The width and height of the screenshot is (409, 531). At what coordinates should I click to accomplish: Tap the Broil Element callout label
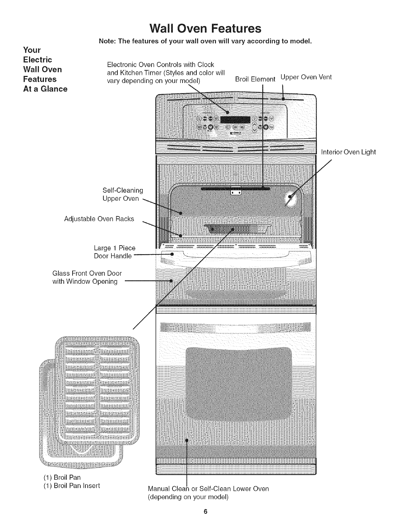[x=255, y=79]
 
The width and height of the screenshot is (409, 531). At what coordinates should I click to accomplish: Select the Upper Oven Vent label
[x=306, y=77]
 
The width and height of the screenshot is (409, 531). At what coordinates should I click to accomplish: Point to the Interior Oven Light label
[x=348, y=152]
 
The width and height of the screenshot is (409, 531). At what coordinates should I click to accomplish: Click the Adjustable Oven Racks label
[x=99, y=219]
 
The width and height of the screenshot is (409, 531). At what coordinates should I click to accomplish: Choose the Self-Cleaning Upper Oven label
[x=122, y=195]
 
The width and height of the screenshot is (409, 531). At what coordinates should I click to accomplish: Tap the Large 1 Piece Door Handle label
[x=114, y=252]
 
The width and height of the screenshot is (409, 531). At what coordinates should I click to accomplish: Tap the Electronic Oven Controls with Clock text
[x=160, y=64]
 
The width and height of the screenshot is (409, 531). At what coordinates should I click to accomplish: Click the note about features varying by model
[x=204, y=41]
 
